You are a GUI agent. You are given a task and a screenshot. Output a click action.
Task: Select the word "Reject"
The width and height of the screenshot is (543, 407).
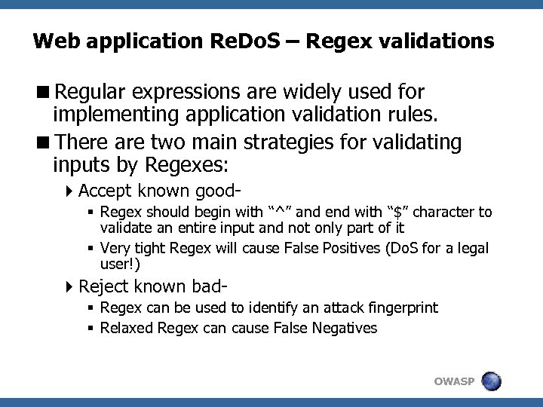[x=103, y=286]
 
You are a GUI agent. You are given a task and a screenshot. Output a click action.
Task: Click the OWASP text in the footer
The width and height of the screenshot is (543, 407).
[x=455, y=381]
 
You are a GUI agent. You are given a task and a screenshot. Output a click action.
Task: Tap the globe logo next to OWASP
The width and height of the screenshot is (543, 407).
[x=492, y=380]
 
